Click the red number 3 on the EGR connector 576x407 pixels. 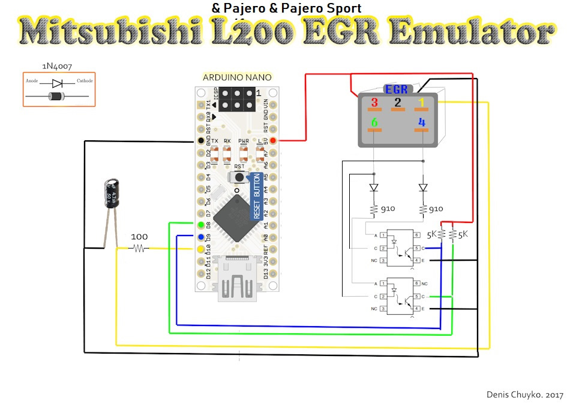click(374, 101)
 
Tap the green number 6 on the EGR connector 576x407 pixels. click(374, 122)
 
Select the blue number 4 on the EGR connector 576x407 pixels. click(422, 122)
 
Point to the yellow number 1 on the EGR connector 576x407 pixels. click(422, 101)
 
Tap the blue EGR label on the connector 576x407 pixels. click(397, 90)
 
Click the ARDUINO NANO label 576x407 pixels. click(237, 77)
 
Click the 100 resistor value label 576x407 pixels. click(139, 237)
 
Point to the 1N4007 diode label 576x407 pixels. click(58, 66)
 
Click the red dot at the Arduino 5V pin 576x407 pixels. click(274, 141)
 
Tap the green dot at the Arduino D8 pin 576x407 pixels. click(200, 224)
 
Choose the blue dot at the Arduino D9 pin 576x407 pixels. click(200, 236)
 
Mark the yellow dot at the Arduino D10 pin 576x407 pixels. click(200, 248)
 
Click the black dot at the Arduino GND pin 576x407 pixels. click(200, 141)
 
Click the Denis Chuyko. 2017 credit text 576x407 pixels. click(526, 396)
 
